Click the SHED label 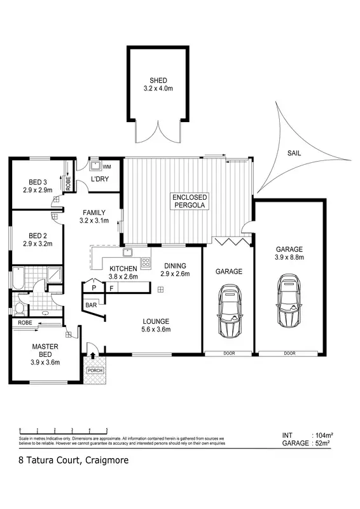point(158,80)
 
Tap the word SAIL point(294,153)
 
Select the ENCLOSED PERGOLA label point(190,201)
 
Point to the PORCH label point(95,371)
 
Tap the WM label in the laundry point(107,166)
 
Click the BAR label point(91,305)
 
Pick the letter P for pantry point(93,288)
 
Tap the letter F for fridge point(111,288)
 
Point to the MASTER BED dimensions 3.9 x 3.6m point(45,362)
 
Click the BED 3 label point(36,182)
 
